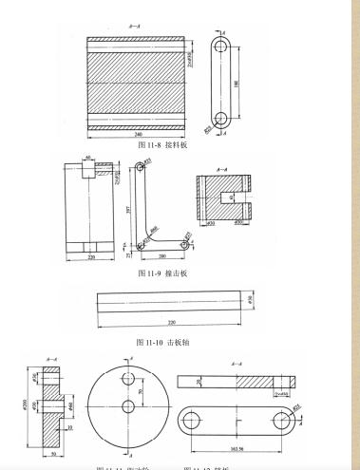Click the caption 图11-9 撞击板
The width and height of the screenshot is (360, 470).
click(x=163, y=273)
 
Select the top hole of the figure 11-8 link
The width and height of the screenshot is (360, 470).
click(x=221, y=45)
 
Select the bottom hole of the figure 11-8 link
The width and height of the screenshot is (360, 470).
click(x=221, y=119)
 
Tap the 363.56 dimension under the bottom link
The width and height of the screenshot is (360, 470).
click(x=236, y=450)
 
